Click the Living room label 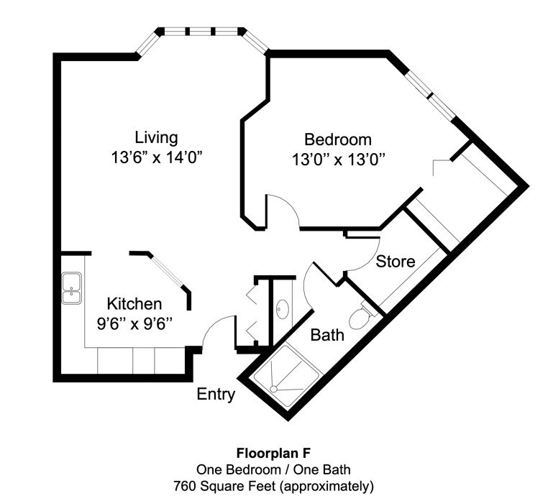click(156, 137)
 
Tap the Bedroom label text click(337, 139)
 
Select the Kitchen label click(134, 303)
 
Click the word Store click(396, 261)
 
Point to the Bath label click(326, 335)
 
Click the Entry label click(216, 394)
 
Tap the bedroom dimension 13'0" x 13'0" click(337, 160)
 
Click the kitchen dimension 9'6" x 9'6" click(134, 323)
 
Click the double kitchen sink click(71, 288)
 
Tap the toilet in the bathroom click(360, 315)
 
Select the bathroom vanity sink click(281, 310)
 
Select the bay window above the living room click(201, 33)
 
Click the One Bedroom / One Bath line click(273, 470)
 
